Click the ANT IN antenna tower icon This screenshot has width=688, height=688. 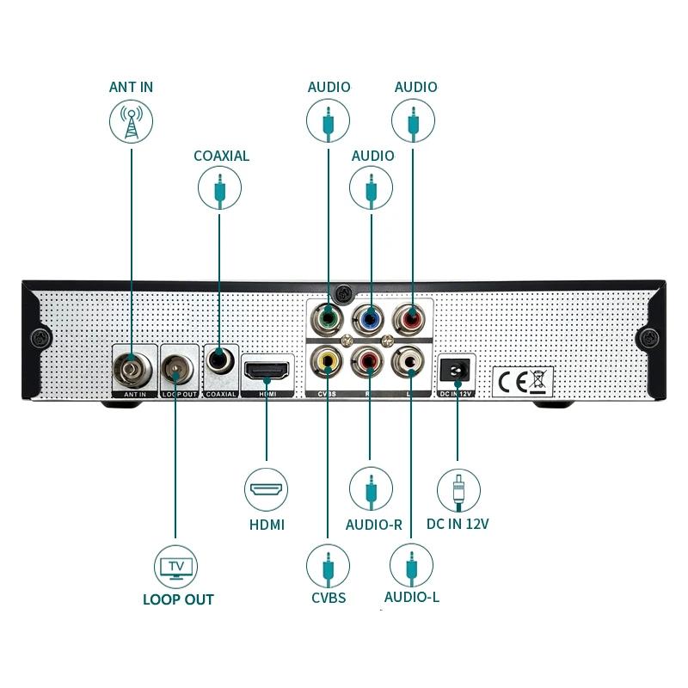pyautogui.click(x=131, y=121)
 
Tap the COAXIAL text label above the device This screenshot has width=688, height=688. pyautogui.click(x=221, y=156)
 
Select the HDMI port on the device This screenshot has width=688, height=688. pyautogui.click(x=267, y=371)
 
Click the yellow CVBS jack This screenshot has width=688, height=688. pyautogui.click(x=328, y=361)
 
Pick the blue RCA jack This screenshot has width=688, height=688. pyautogui.click(x=371, y=318)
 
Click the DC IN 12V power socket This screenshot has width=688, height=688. pyautogui.click(x=457, y=370)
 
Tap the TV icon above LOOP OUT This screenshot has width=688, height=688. pyautogui.click(x=176, y=566)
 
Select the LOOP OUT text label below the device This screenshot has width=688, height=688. pyautogui.click(x=178, y=599)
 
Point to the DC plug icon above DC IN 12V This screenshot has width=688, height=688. pyautogui.click(x=458, y=491)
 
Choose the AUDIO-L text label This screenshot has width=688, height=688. pyautogui.click(x=412, y=597)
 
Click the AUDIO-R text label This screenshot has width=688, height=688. pyautogui.click(x=373, y=525)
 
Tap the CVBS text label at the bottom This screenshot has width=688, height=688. pyautogui.click(x=328, y=597)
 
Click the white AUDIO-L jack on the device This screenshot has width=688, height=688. pyautogui.click(x=411, y=362)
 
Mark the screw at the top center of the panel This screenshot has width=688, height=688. pyautogui.click(x=342, y=292)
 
